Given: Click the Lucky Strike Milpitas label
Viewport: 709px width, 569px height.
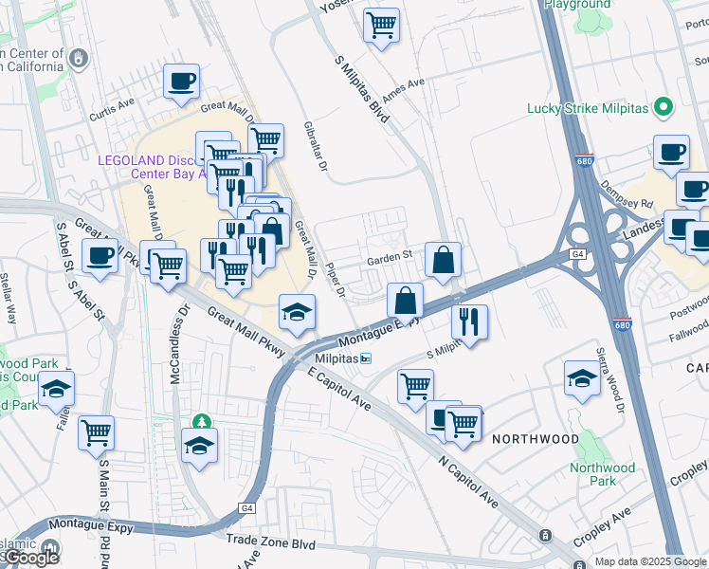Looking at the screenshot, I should coord(588,108).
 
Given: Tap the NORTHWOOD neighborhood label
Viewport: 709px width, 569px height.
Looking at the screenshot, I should coord(535,439).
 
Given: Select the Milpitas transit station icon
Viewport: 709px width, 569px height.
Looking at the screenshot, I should coord(366,358).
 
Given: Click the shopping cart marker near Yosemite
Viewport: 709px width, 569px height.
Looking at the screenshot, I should coord(381,25).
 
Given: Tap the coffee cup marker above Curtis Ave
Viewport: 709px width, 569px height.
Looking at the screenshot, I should coord(181,82).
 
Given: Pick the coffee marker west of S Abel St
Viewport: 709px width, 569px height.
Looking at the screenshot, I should coord(100,255).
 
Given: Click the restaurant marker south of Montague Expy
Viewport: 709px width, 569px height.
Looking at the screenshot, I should coord(469,321).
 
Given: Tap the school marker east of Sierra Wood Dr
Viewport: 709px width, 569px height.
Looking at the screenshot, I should coord(581,378).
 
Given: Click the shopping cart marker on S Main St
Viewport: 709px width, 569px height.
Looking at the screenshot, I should coord(97,432).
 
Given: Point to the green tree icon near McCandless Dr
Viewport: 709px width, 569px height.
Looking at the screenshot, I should coord(200,421).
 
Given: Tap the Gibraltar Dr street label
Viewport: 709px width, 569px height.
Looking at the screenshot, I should coord(316,147).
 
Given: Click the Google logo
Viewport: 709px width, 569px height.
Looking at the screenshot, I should coord(30,558).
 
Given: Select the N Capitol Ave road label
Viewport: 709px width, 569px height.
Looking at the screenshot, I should coord(468,485).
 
